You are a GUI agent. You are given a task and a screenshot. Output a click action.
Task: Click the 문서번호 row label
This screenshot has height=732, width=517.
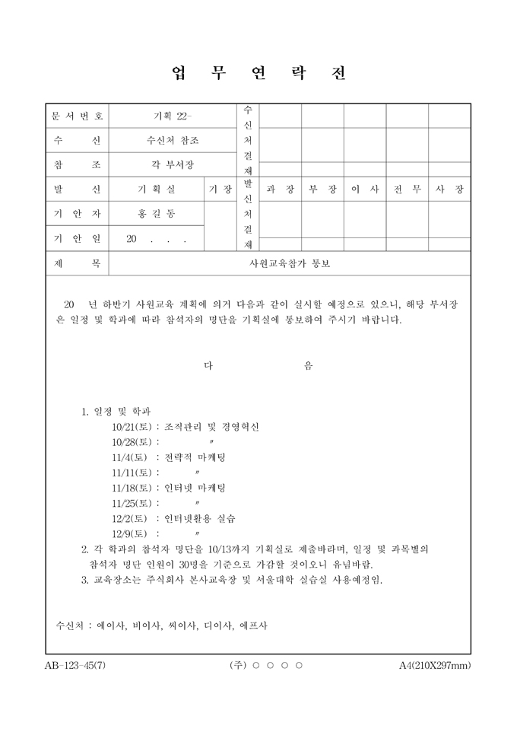coord(77,116)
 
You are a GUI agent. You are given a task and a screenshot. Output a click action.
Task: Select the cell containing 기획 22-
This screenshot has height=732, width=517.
coord(173,116)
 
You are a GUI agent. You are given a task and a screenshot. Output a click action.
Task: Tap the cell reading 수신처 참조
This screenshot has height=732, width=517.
coord(173,140)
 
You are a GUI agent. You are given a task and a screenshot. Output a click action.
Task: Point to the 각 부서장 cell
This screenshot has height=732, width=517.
coord(173,164)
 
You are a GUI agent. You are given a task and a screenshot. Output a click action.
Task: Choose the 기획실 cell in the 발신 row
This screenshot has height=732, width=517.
coord(156,189)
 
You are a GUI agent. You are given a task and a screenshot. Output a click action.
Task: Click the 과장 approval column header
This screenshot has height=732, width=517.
coord(281,189)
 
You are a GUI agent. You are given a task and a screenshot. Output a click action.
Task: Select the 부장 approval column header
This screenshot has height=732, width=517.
coord(322,189)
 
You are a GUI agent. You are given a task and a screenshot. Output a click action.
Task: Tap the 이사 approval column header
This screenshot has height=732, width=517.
coord(365,189)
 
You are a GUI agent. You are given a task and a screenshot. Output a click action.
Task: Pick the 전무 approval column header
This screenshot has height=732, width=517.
coord(407,189)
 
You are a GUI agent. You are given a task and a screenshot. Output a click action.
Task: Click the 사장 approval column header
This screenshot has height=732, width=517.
coord(449,189)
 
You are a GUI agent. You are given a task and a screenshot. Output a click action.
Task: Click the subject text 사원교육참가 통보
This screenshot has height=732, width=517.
coord(290,263)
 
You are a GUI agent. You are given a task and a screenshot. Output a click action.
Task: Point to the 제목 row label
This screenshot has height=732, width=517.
coord(77,263)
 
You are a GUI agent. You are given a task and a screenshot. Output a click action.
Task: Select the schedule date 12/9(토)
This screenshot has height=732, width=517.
coord(130,533)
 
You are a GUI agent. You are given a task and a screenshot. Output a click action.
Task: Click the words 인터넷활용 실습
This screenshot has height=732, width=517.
coord(200,518)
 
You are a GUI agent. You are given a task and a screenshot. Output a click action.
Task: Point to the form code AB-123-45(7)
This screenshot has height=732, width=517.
coord(75,665)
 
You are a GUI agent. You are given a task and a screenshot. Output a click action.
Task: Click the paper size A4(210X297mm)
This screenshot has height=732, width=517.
coord(435,665)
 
